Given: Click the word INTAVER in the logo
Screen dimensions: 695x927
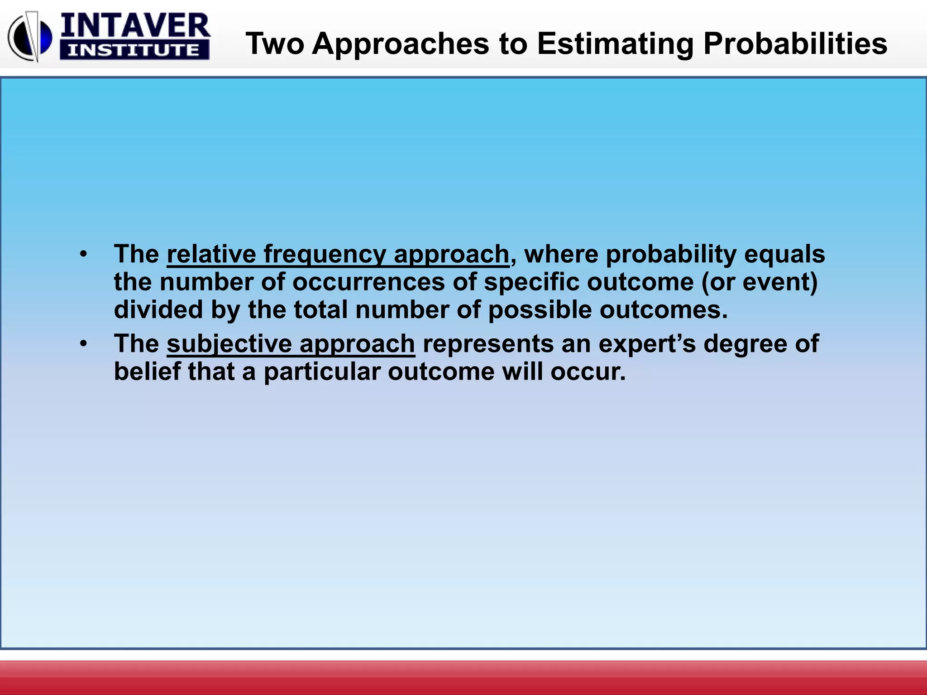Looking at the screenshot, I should click(135, 26).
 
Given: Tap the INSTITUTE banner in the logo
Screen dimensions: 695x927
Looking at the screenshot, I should click(134, 50).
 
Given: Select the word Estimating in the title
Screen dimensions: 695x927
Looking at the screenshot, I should click(615, 44).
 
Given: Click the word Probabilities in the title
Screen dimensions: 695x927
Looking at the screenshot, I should click(795, 44).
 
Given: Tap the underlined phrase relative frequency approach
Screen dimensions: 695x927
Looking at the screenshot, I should click(338, 254).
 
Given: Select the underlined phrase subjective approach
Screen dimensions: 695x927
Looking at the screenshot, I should click(291, 344).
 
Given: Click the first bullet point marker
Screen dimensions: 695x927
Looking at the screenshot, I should click(82, 254).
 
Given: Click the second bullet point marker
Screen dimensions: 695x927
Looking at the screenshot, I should click(82, 344).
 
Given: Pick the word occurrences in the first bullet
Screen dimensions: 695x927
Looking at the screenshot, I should click(368, 282).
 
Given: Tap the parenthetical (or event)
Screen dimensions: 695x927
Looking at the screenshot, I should click(760, 282).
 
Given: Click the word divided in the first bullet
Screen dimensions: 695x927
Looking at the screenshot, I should click(158, 310).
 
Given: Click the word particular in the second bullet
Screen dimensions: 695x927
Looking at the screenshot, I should click(322, 372).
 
